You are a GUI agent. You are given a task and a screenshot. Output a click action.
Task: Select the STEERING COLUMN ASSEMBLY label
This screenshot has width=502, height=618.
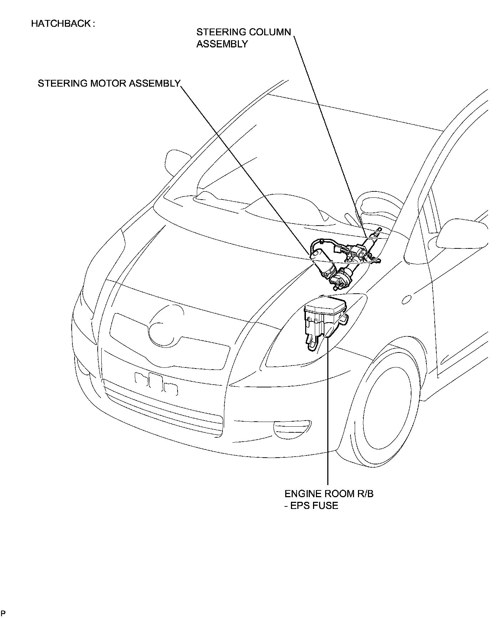click(x=244, y=38)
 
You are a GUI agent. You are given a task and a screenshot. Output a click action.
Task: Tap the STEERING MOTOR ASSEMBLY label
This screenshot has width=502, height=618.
click(x=109, y=83)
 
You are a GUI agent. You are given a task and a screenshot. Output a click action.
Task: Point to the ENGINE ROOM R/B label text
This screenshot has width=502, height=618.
click(x=329, y=494)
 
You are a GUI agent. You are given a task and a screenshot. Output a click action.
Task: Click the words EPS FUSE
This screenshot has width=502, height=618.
click(x=314, y=505)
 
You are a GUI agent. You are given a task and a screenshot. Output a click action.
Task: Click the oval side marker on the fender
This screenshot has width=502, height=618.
click(x=406, y=299)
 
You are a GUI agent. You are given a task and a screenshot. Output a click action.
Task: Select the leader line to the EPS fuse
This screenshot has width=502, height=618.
click(x=328, y=410)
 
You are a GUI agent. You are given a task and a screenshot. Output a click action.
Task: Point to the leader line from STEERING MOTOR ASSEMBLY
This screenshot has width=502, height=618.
click(x=246, y=168)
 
